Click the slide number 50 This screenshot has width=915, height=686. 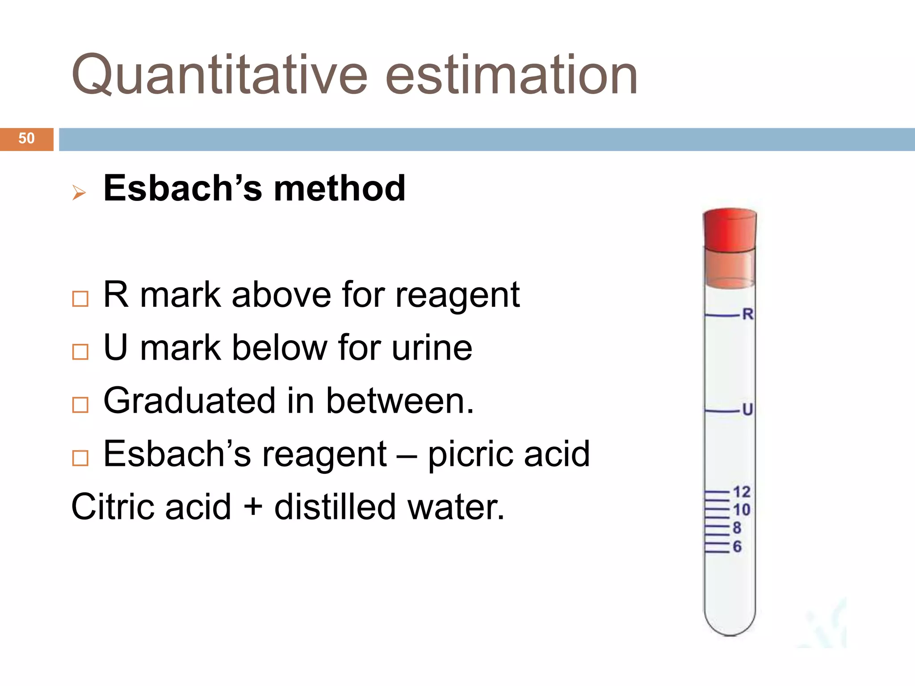pos(26,138)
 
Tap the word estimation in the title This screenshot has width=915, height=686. pos(511,75)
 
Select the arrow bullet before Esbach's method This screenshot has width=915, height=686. pos(79,193)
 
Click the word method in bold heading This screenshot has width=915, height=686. pos(340,188)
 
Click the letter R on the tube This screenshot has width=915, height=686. pos(747,314)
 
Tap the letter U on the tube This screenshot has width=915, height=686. pos(747,410)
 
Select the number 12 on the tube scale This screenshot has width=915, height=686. pos(742,492)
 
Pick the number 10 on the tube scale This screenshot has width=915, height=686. pos(742,510)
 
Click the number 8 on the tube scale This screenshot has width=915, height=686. pos(737,528)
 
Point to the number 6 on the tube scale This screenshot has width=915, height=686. pos(737,547)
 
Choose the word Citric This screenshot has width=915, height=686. pos(113,507)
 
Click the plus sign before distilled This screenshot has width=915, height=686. pos(252,507)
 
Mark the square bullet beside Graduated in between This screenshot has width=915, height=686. pos(80,405)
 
